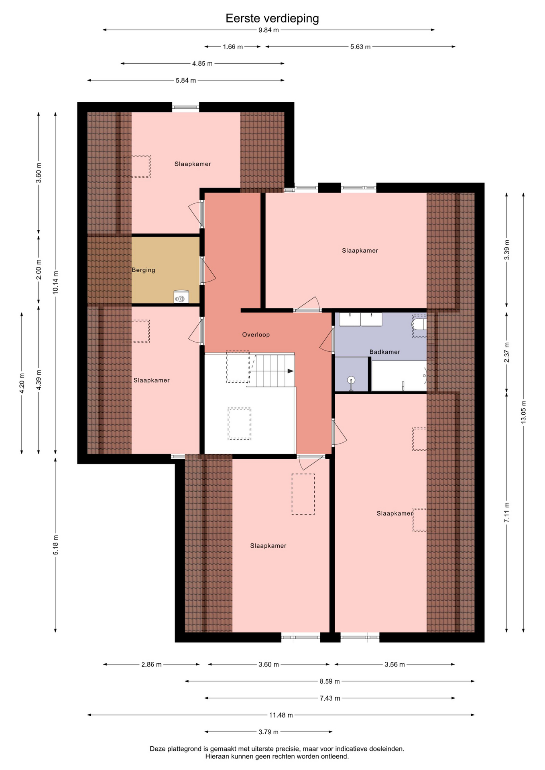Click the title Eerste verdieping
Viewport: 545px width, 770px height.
(x=272, y=18)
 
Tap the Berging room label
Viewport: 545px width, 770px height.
(x=143, y=270)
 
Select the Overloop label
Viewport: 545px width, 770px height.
(x=256, y=334)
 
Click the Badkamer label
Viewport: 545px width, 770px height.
(x=384, y=352)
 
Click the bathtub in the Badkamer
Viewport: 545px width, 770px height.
(x=399, y=376)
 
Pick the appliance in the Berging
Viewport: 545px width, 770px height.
(x=181, y=297)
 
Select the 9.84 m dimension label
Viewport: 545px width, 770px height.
(x=268, y=30)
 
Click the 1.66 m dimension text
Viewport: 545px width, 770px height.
(x=233, y=47)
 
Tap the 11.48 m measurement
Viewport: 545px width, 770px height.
(x=281, y=715)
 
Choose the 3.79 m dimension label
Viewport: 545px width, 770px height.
(x=268, y=731)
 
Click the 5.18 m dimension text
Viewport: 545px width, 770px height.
(x=55, y=545)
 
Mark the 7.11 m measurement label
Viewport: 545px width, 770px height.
(x=506, y=512)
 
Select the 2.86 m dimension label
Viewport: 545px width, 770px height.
(x=151, y=665)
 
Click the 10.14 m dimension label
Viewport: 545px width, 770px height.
(x=55, y=283)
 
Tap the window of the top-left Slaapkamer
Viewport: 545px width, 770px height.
(x=185, y=107)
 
